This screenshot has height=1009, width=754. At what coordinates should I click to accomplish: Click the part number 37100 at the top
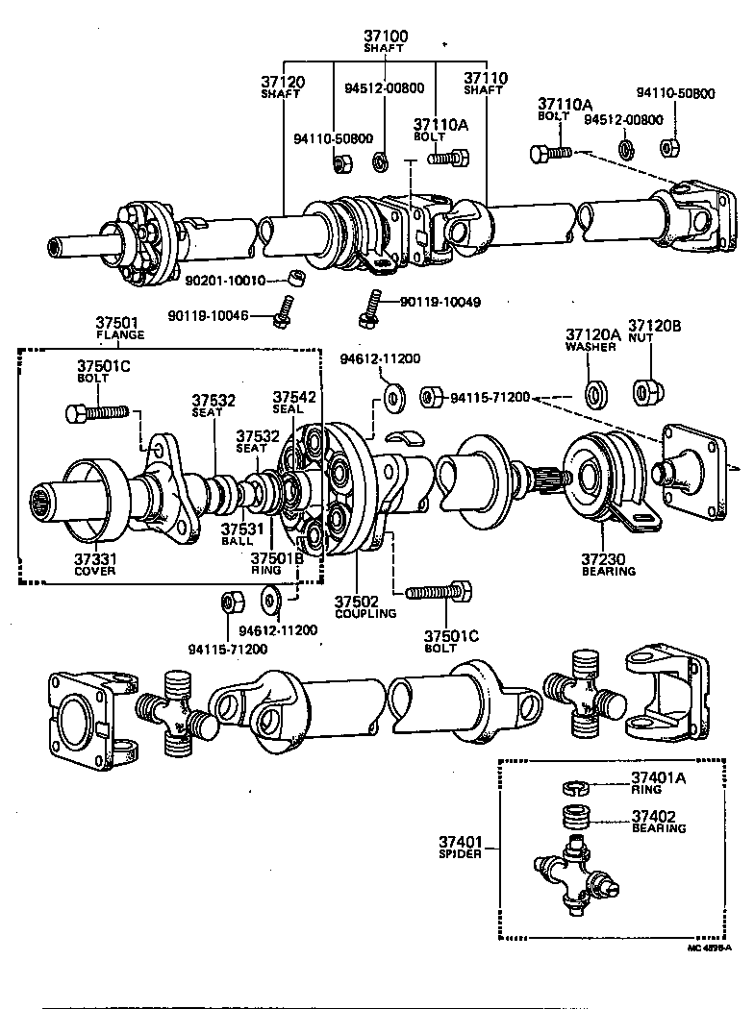pos(385,36)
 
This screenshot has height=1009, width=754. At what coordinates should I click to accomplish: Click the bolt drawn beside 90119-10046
pos(282,308)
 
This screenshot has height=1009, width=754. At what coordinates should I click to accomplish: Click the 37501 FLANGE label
pos(119,328)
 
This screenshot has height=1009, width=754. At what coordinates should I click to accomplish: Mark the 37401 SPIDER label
pos(460,848)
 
